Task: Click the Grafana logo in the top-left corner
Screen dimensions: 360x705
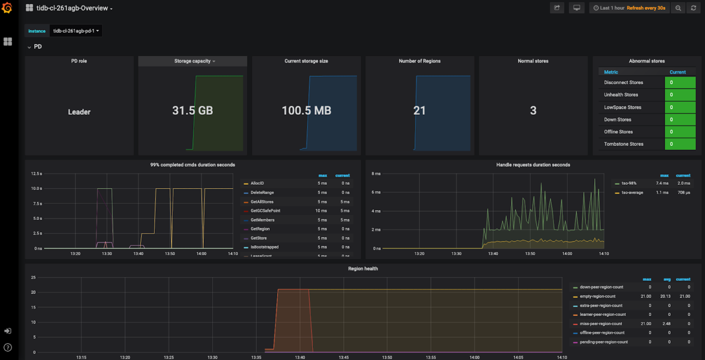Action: pyautogui.click(x=7, y=8)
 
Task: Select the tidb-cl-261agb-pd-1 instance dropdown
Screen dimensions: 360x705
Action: pyautogui.click(x=76, y=31)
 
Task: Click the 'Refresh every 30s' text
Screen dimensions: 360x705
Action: pyautogui.click(x=646, y=8)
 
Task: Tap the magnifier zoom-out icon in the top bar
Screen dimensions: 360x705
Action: pyautogui.click(x=678, y=8)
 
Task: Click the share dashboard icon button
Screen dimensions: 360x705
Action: pyautogui.click(x=557, y=8)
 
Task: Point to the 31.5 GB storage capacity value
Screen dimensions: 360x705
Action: pyautogui.click(x=192, y=111)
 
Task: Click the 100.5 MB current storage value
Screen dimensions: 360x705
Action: pyautogui.click(x=306, y=111)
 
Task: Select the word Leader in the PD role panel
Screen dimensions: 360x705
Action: pyautogui.click(x=79, y=112)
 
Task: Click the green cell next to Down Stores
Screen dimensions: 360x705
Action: pyautogui.click(x=680, y=120)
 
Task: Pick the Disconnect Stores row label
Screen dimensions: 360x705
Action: pyautogui.click(x=623, y=83)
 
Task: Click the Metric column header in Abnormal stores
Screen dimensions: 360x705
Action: pyautogui.click(x=611, y=72)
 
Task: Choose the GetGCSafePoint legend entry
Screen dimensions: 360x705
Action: pyautogui.click(x=265, y=211)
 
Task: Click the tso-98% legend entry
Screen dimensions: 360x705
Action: pyautogui.click(x=629, y=183)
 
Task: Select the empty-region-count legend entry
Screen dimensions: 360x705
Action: pyautogui.click(x=597, y=296)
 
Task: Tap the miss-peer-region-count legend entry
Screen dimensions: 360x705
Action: pyautogui.click(x=601, y=324)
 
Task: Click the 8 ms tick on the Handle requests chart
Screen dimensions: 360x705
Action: pyautogui.click(x=376, y=174)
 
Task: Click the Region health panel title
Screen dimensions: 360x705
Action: pyautogui.click(x=363, y=268)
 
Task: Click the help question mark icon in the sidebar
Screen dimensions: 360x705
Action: pyautogui.click(x=7, y=348)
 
